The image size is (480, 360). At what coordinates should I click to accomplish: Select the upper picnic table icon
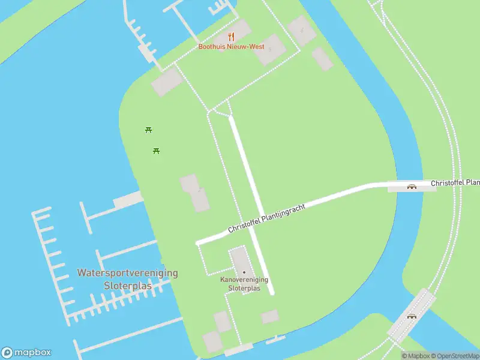[x=149, y=130]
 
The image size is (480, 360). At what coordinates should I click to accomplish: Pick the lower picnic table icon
[x=156, y=150]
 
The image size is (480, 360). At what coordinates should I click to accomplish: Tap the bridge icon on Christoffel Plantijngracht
[x=412, y=186]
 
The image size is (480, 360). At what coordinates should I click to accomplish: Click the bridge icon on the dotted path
[x=412, y=316]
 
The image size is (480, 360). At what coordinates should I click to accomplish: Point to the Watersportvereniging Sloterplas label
[x=127, y=279]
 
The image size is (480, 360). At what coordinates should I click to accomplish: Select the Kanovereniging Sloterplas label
[x=244, y=284]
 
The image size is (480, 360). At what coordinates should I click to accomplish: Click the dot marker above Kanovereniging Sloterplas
[x=244, y=272]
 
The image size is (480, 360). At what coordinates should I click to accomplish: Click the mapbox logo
[x=26, y=353]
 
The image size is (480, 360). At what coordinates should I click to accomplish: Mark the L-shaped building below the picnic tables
[x=195, y=192]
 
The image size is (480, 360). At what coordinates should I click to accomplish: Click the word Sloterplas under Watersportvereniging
[x=127, y=286]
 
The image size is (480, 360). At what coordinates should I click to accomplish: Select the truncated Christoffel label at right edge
[x=455, y=182]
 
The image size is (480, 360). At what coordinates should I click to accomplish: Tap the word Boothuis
[x=211, y=47]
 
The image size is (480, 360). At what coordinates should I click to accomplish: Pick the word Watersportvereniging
[x=127, y=272]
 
